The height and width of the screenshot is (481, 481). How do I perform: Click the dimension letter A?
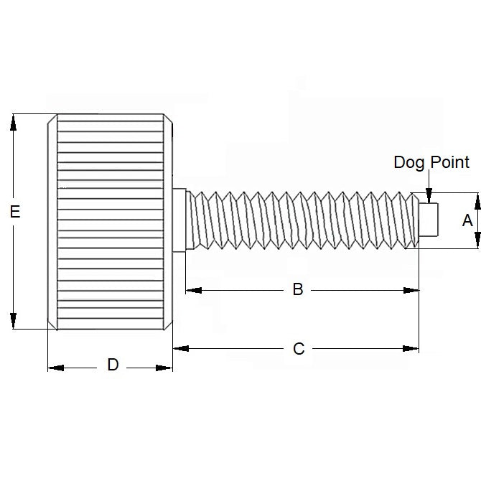[x=467, y=220]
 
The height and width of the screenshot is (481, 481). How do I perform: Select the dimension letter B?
[x=298, y=290]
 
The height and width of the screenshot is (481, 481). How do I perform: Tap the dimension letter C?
[x=299, y=349]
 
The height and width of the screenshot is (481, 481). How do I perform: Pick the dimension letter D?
[x=113, y=365]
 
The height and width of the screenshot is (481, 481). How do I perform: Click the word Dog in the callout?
[x=409, y=162]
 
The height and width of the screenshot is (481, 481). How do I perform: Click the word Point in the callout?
[x=449, y=162]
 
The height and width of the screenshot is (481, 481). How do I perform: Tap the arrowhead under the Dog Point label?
[x=429, y=195]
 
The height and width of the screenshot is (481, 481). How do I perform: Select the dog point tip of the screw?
[x=429, y=220]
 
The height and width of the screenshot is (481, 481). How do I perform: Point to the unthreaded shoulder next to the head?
[x=180, y=221]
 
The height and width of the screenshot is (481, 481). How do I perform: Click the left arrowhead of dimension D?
[x=55, y=368]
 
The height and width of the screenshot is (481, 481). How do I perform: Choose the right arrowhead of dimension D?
[x=165, y=368]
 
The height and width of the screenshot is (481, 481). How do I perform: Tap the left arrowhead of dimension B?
[x=194, y=290]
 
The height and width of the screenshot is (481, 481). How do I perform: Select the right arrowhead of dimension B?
[x=411, y=290]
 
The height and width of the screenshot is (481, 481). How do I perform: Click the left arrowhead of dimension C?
[x=181, y=348]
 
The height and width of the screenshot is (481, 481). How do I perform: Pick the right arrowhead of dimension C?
[x=411, y=348]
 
